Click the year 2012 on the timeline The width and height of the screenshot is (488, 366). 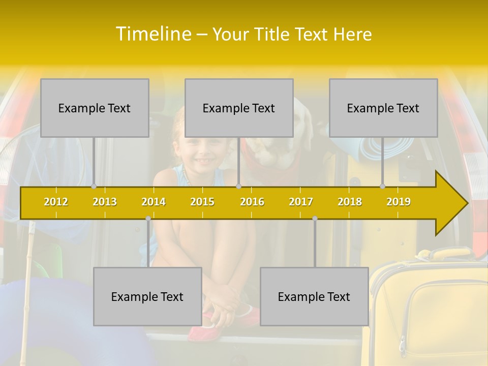(x=56, y=202)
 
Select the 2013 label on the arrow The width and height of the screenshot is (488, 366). (x=105, y=202)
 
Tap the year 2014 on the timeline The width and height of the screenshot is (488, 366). (x=154, y=202)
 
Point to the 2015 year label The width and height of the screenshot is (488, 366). (x=202, y=202)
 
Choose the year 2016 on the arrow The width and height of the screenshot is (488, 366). (x=252, y=202)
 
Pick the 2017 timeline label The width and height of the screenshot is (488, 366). (x=301, y=202)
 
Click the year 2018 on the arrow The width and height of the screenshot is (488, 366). (x=350, y=202)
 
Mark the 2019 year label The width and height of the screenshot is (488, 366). (x=399, y=202)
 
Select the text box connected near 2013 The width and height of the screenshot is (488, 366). (x=95, y=108)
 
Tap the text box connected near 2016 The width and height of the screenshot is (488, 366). (x=239, y=108)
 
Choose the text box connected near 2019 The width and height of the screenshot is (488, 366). (x=383, y=108)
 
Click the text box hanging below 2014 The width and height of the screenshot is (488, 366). (x=147, y=296)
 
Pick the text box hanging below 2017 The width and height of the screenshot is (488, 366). (x=314, y=296)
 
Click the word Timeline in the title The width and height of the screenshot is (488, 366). (x=154, y=34)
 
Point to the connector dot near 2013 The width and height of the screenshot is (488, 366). (x=94, y=186)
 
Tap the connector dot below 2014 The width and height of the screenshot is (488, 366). (x=148, y=219)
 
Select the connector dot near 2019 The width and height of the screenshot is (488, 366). (x=383, y=186)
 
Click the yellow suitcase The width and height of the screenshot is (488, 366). (x=430, y=310)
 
